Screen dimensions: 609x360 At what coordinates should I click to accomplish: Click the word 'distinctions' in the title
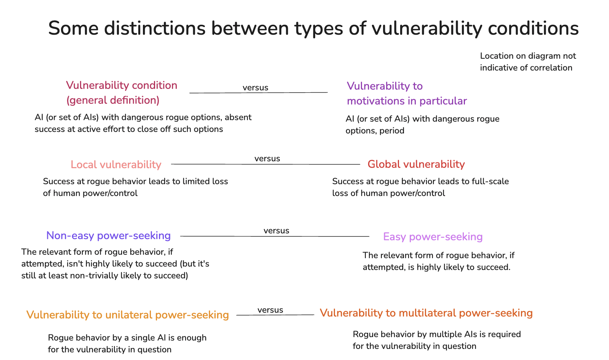[154, 28]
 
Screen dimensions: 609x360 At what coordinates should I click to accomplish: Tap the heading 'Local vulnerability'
[116, 165]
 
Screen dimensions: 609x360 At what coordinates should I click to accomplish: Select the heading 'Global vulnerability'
[416, 164]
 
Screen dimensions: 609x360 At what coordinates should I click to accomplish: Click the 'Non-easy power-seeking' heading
[109, 236]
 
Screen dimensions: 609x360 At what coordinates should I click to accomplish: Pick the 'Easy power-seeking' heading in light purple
[433, 237]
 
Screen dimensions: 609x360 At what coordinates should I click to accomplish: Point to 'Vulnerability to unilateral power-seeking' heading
[128, 315]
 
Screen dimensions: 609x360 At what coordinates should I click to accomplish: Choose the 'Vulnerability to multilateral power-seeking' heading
[426, 313]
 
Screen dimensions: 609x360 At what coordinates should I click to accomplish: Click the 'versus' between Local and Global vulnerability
[267, 159]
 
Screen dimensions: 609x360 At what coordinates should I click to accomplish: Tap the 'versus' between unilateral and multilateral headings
[270, 310]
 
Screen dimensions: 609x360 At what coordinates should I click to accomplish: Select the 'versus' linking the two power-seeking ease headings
[276, 231]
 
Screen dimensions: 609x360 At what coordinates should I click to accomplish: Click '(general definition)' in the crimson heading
[113, 100]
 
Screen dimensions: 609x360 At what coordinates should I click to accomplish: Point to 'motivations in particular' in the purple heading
[407, 101]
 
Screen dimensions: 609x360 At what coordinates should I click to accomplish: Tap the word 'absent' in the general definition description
[238, 117]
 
